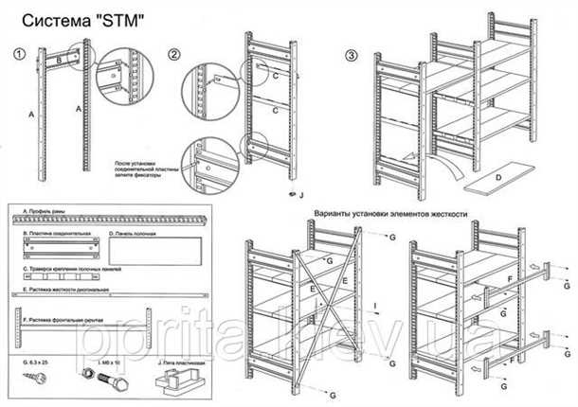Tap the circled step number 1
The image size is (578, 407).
click(19, 54)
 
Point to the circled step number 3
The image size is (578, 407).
click(352, 54)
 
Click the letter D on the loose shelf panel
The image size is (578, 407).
click(497, 177)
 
